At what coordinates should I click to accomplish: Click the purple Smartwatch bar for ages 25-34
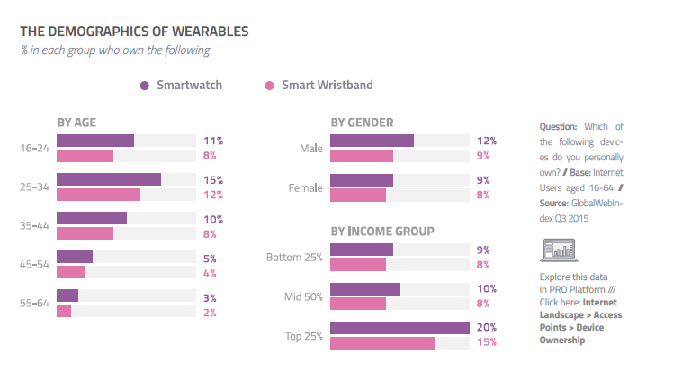tap(109, 179)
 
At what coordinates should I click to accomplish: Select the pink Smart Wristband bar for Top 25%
tap(382, 342)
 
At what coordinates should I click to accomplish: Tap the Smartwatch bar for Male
tap(372, 141)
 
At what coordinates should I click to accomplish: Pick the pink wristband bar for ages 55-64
tap(64, 311)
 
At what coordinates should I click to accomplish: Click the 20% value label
tap(488, 327)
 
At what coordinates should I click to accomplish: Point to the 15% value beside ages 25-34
tap(213, 180)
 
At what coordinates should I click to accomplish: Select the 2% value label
tap(211, 312)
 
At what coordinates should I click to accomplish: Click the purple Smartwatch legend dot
tap(144, 86)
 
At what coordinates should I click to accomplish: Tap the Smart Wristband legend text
tap(327, 86)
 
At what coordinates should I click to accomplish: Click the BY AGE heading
tap(76, 122)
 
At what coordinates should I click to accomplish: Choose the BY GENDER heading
tap(362, 122)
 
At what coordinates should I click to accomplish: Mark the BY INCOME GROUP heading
tap(382, 231)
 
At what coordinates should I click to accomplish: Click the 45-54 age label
tap(35, 264)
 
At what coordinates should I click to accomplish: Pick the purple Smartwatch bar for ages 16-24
tap(95, 141)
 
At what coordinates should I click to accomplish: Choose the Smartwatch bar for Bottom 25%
tap(362, 250)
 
